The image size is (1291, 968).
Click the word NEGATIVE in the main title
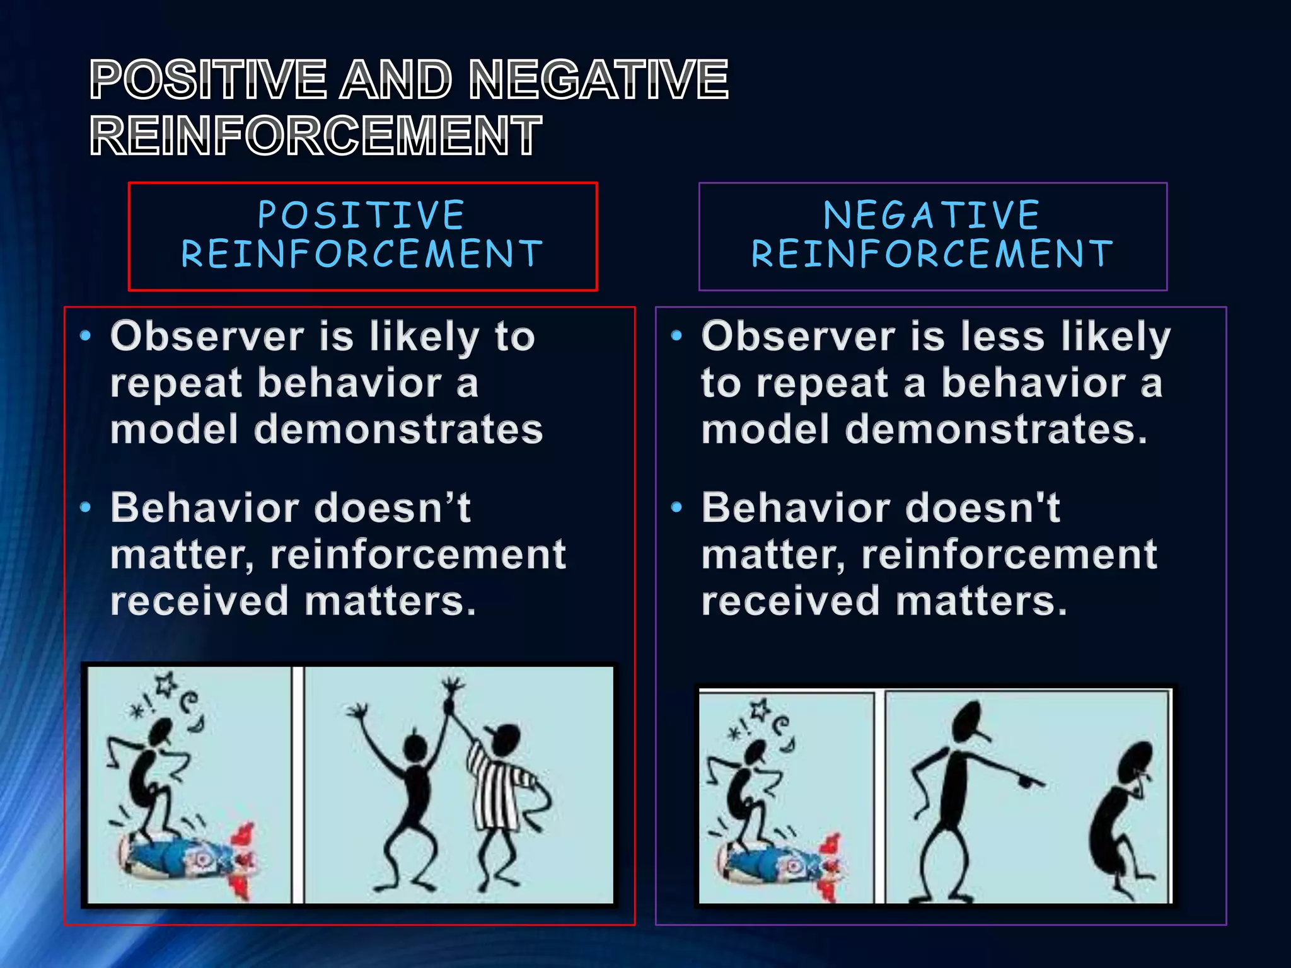[x=599, y=79]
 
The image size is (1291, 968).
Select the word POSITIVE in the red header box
[x=361, y=215]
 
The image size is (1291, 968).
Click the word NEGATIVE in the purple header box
[x=932, y=215]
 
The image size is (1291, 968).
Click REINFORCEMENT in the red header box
[x=361, y=254]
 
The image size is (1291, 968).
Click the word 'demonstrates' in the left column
[x=398, y=430]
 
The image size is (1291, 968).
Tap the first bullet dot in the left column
[x=86, y=336]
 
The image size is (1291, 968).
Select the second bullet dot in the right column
[x=676, y=507]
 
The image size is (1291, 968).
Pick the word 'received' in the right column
[x=790, y=601]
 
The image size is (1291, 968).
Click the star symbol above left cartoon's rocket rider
[x=166, y=684]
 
